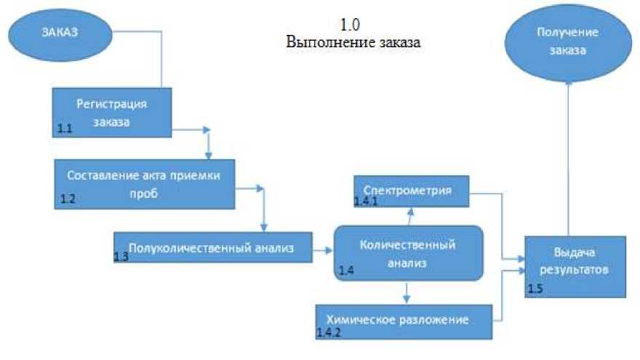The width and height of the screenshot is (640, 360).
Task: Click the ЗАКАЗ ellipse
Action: pyautogui.click(x=60, y=32)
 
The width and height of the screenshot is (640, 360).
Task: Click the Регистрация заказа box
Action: pyautogui.click(x=111, y=112)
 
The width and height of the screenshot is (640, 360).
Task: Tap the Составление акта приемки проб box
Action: pyautogui.click(x=144, y=185)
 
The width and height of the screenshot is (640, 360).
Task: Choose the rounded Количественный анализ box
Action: pyautogui.click(x=409, y=253)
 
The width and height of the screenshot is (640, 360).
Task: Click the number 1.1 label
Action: pyautogui.click(x=65, y=129)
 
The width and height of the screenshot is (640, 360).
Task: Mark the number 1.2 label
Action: pyautogui.click(x=67, y=199)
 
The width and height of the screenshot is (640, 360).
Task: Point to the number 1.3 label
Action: pyautogui.click(x=121, y=257)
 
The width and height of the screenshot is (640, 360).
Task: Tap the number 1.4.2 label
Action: pyautogui.click(x=329, y=332)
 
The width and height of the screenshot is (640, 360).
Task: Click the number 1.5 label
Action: pyautogui.click(x=535, y=289)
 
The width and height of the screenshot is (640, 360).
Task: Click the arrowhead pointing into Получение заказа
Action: pyautogui.click(x=569, y=83)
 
